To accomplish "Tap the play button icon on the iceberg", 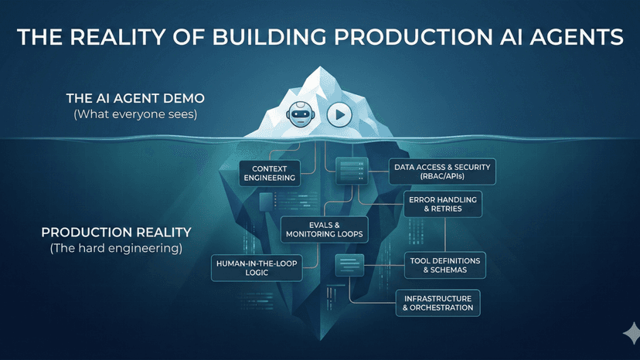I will [339, 115].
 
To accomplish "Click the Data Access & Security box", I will [442, 172].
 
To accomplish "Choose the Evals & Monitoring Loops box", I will [324, 228].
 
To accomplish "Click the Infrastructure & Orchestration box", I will [437, 302].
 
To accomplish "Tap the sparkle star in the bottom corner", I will [630, 333].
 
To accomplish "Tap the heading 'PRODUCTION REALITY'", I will [116, 232].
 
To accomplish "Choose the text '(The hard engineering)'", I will [117, 248].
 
